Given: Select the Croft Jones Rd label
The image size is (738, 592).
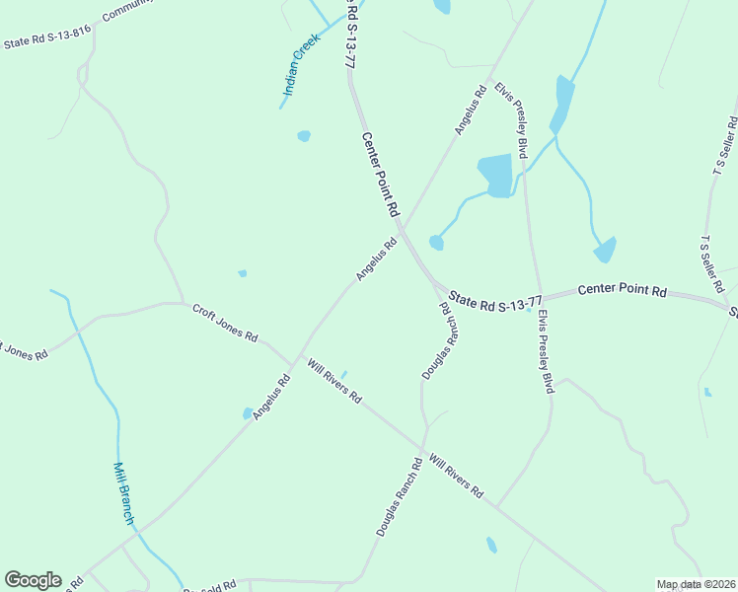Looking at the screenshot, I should pyautogui.click(x=224, y=323).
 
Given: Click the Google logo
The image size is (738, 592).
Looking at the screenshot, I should pyautogui.click(x=33, y=580).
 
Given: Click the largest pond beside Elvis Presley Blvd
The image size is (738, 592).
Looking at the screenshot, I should pyautogui.click(x=496, y=175).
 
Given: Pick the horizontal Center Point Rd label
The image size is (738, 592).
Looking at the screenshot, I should pyautogui.click(x=622, y=292).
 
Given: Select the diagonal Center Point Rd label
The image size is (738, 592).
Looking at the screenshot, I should pyautogui.click(x=380, y=175).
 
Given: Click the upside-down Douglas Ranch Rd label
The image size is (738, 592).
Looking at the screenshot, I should pyautogui.click(x=441, y=340).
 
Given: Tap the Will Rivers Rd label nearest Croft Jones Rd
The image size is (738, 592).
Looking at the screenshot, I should pyautogui.click(x=333, y=381).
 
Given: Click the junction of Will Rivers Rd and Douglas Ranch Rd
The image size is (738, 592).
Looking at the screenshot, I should pyautogui.click(x=424, y=452).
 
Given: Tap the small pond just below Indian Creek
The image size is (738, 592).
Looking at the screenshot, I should pyautogui.click(x=304, y=136).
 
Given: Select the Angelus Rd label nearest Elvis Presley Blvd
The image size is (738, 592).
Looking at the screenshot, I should pyautogui.click(x=471, y=111).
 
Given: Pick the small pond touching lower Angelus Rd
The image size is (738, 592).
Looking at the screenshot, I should pyautogui.click(x=248, y=414).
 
